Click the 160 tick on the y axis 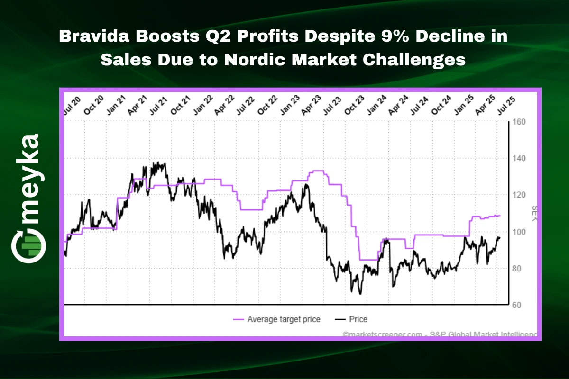519,122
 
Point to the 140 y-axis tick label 519,158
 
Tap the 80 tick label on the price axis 517,269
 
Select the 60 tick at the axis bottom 517,305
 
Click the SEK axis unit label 534,213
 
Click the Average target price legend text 284,319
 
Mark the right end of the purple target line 500,216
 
